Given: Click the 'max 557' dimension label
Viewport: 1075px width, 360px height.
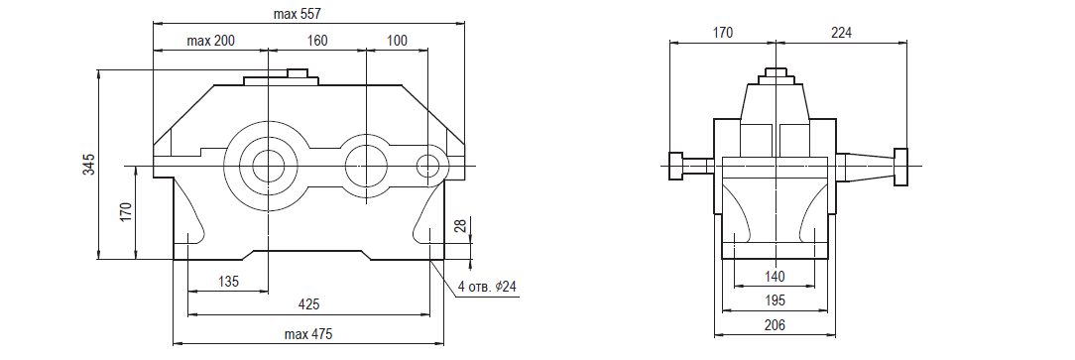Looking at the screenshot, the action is click(297, 13).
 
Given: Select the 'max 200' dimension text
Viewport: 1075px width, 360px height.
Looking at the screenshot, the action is click(210, 41).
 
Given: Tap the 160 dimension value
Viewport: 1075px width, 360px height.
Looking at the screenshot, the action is click(316, 41).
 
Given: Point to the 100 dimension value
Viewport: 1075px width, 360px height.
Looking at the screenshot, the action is click(397, 41).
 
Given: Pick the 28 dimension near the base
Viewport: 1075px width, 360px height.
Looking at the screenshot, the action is click(462, 226).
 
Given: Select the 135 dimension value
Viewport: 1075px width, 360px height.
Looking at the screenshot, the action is click(228, 281).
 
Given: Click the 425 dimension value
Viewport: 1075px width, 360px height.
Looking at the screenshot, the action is click(308, 303).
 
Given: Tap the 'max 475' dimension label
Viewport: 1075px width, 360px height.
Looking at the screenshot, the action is click(308, 334).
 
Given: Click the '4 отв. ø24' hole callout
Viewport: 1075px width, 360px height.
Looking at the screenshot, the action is click(487, 288).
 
